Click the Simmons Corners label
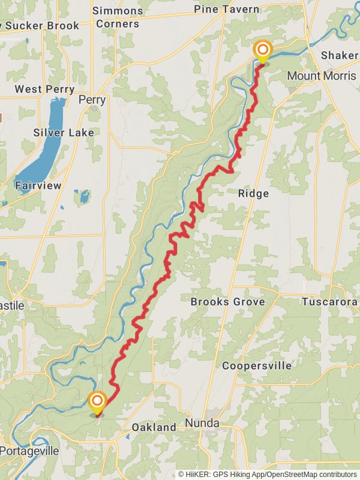118,17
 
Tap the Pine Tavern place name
227,9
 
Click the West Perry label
44,89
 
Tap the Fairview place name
38,185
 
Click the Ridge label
253,194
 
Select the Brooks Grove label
227,302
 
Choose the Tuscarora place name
329,302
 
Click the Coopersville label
257,365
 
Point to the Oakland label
154,427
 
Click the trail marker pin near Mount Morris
262,51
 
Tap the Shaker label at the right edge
340,55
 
